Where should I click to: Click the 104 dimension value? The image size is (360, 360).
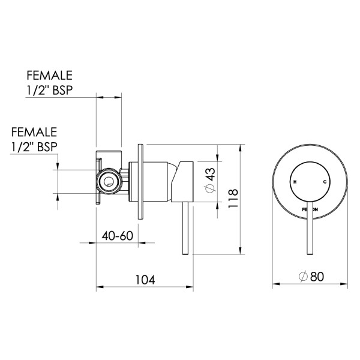point(145,280)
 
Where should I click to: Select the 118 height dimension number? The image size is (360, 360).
point(233,197)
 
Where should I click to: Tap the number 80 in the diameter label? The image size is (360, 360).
point(317,276)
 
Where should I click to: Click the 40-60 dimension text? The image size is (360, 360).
point(117,235)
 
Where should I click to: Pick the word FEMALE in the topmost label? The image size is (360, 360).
point(49,76)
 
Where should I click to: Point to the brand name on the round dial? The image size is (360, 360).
point(309,208)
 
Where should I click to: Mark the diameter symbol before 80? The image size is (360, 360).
point(303,276)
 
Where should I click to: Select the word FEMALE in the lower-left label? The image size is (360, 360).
point(34,131)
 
